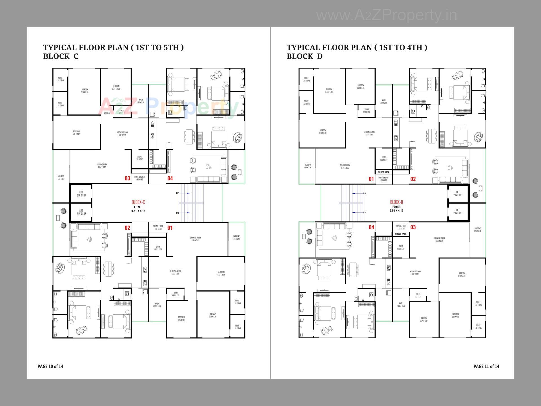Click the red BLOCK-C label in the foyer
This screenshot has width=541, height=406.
point(138,202)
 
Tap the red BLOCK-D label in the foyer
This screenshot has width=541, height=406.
point(396,202)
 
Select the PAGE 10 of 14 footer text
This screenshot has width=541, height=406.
point(50,366)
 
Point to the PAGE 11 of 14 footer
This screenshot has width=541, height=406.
point(486,366)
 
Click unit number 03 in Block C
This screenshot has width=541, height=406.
point(127,178)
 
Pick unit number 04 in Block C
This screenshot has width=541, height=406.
point(170,178)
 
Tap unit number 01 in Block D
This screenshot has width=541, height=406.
point(371,179)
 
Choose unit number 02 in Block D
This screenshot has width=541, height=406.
point(413,179)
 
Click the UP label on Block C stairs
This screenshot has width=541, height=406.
point(177,193)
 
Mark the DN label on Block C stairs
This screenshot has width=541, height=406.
point(177,213)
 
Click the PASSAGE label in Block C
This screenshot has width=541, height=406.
point(107,113)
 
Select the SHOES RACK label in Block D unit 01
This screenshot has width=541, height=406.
point(383,172)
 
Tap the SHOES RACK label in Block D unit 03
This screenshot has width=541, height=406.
point(401,234)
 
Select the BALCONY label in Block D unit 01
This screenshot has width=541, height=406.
point(308,166)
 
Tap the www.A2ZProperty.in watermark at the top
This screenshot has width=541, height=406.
point(387,16)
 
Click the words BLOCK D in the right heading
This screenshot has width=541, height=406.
point(305,56)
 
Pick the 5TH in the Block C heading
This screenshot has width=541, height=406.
point(171,47)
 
